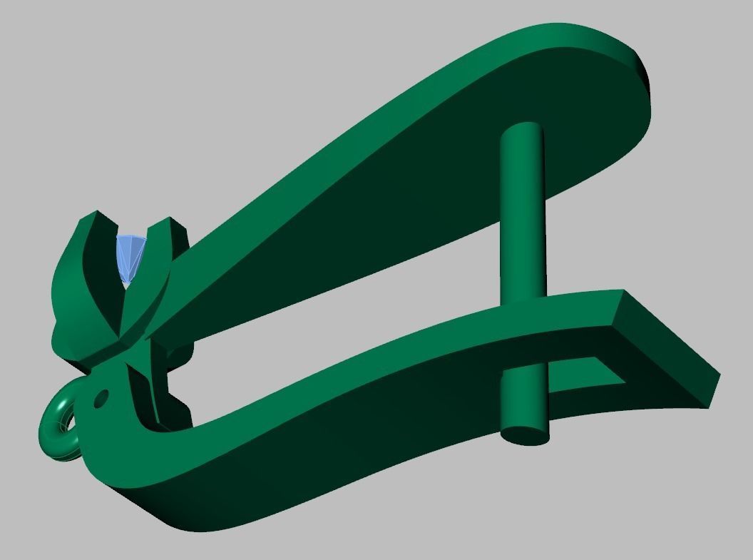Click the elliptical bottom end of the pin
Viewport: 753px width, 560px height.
[526, 434]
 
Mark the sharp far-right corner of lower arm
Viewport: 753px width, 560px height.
[718, 374]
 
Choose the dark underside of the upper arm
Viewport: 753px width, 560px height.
[428, 178]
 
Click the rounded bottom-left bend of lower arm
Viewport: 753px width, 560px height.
[121, 478]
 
